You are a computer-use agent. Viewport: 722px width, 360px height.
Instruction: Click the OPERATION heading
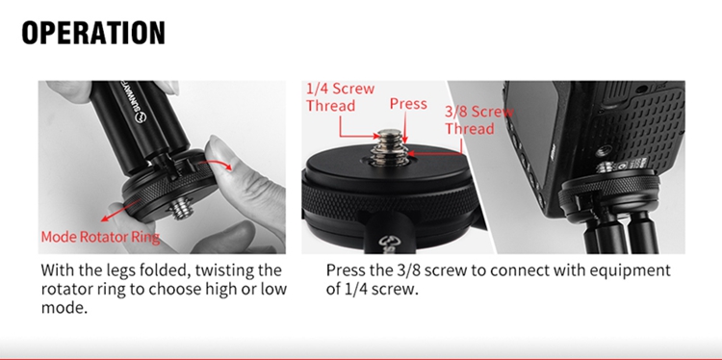click(93, 33)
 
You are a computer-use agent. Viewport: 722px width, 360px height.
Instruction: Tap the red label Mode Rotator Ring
click(100, 237)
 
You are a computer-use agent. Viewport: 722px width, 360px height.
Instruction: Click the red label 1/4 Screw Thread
click(340, 97)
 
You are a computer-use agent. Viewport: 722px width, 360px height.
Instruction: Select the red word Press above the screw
click(408, 104)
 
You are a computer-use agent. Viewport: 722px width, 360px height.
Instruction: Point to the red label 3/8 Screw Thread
click(478, 119)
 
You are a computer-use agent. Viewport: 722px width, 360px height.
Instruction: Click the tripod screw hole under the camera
click(605, 149)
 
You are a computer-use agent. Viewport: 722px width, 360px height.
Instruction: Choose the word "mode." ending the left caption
click(64, 307)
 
